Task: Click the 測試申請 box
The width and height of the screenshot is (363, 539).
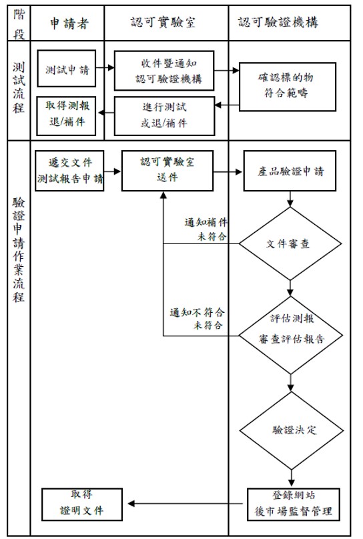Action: tap(67, 69)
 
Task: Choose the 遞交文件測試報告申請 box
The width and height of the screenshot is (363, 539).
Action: tap(70, 170)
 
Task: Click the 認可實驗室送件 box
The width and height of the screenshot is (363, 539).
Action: tap(167, 170)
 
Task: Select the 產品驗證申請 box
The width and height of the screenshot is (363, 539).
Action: tap(290, 171)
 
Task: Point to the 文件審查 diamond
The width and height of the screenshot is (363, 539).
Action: tap(290, 243)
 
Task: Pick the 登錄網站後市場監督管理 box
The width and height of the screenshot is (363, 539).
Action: tap(289, 504)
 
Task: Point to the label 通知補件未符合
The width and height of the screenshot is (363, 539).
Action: tap(206, 229)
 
